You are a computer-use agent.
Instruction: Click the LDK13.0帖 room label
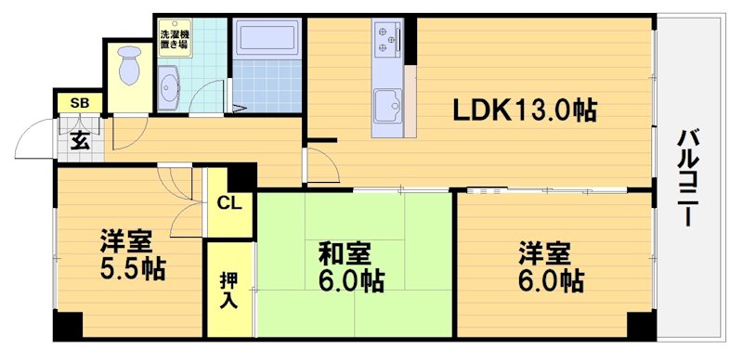524,110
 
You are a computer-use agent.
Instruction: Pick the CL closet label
229,203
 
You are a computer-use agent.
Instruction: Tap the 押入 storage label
229,290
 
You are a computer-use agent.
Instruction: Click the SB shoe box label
80,103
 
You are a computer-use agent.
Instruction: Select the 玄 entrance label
81,141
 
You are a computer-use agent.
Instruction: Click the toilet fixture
129,69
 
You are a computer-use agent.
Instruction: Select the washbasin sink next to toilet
171,90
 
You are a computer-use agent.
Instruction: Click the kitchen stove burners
386,39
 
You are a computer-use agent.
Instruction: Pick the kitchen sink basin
387,104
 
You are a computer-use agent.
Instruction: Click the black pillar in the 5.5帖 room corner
67,325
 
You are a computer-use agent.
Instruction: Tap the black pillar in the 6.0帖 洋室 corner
641,326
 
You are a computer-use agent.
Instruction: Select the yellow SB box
80,103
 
